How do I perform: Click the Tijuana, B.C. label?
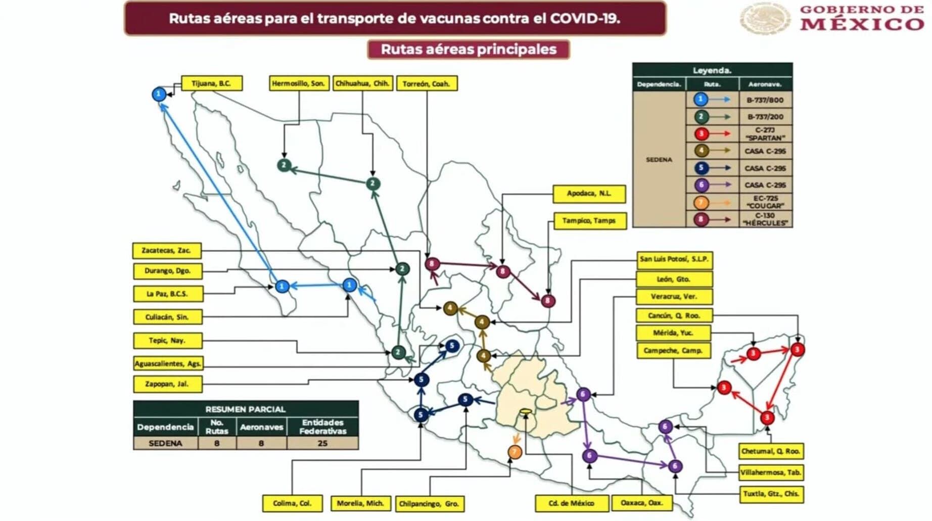(211, 83)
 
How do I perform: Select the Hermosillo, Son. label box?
(299, 83)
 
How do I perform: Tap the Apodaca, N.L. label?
(589, 194)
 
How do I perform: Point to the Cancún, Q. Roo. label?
(674, 315)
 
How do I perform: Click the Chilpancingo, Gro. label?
(429, 504)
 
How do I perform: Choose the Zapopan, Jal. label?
(167, 384)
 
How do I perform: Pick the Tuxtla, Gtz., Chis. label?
(771, 494)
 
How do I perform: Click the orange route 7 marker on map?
(515, 452)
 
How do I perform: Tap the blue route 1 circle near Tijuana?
(159, 94)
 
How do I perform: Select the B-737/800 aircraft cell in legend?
(765, 100)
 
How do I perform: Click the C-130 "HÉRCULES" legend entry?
(765, 219)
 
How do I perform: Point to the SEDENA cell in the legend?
(659, 160)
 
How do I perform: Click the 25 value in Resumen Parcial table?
(322, 443)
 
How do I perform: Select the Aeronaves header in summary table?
(261, 427)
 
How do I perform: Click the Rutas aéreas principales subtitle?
(469, 50)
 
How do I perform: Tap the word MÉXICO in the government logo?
(862, 24)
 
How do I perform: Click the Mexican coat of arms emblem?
(765, 18)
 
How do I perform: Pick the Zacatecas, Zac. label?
(167, 251)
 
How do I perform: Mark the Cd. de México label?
(571, 503)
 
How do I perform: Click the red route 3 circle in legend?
(701, 134)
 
